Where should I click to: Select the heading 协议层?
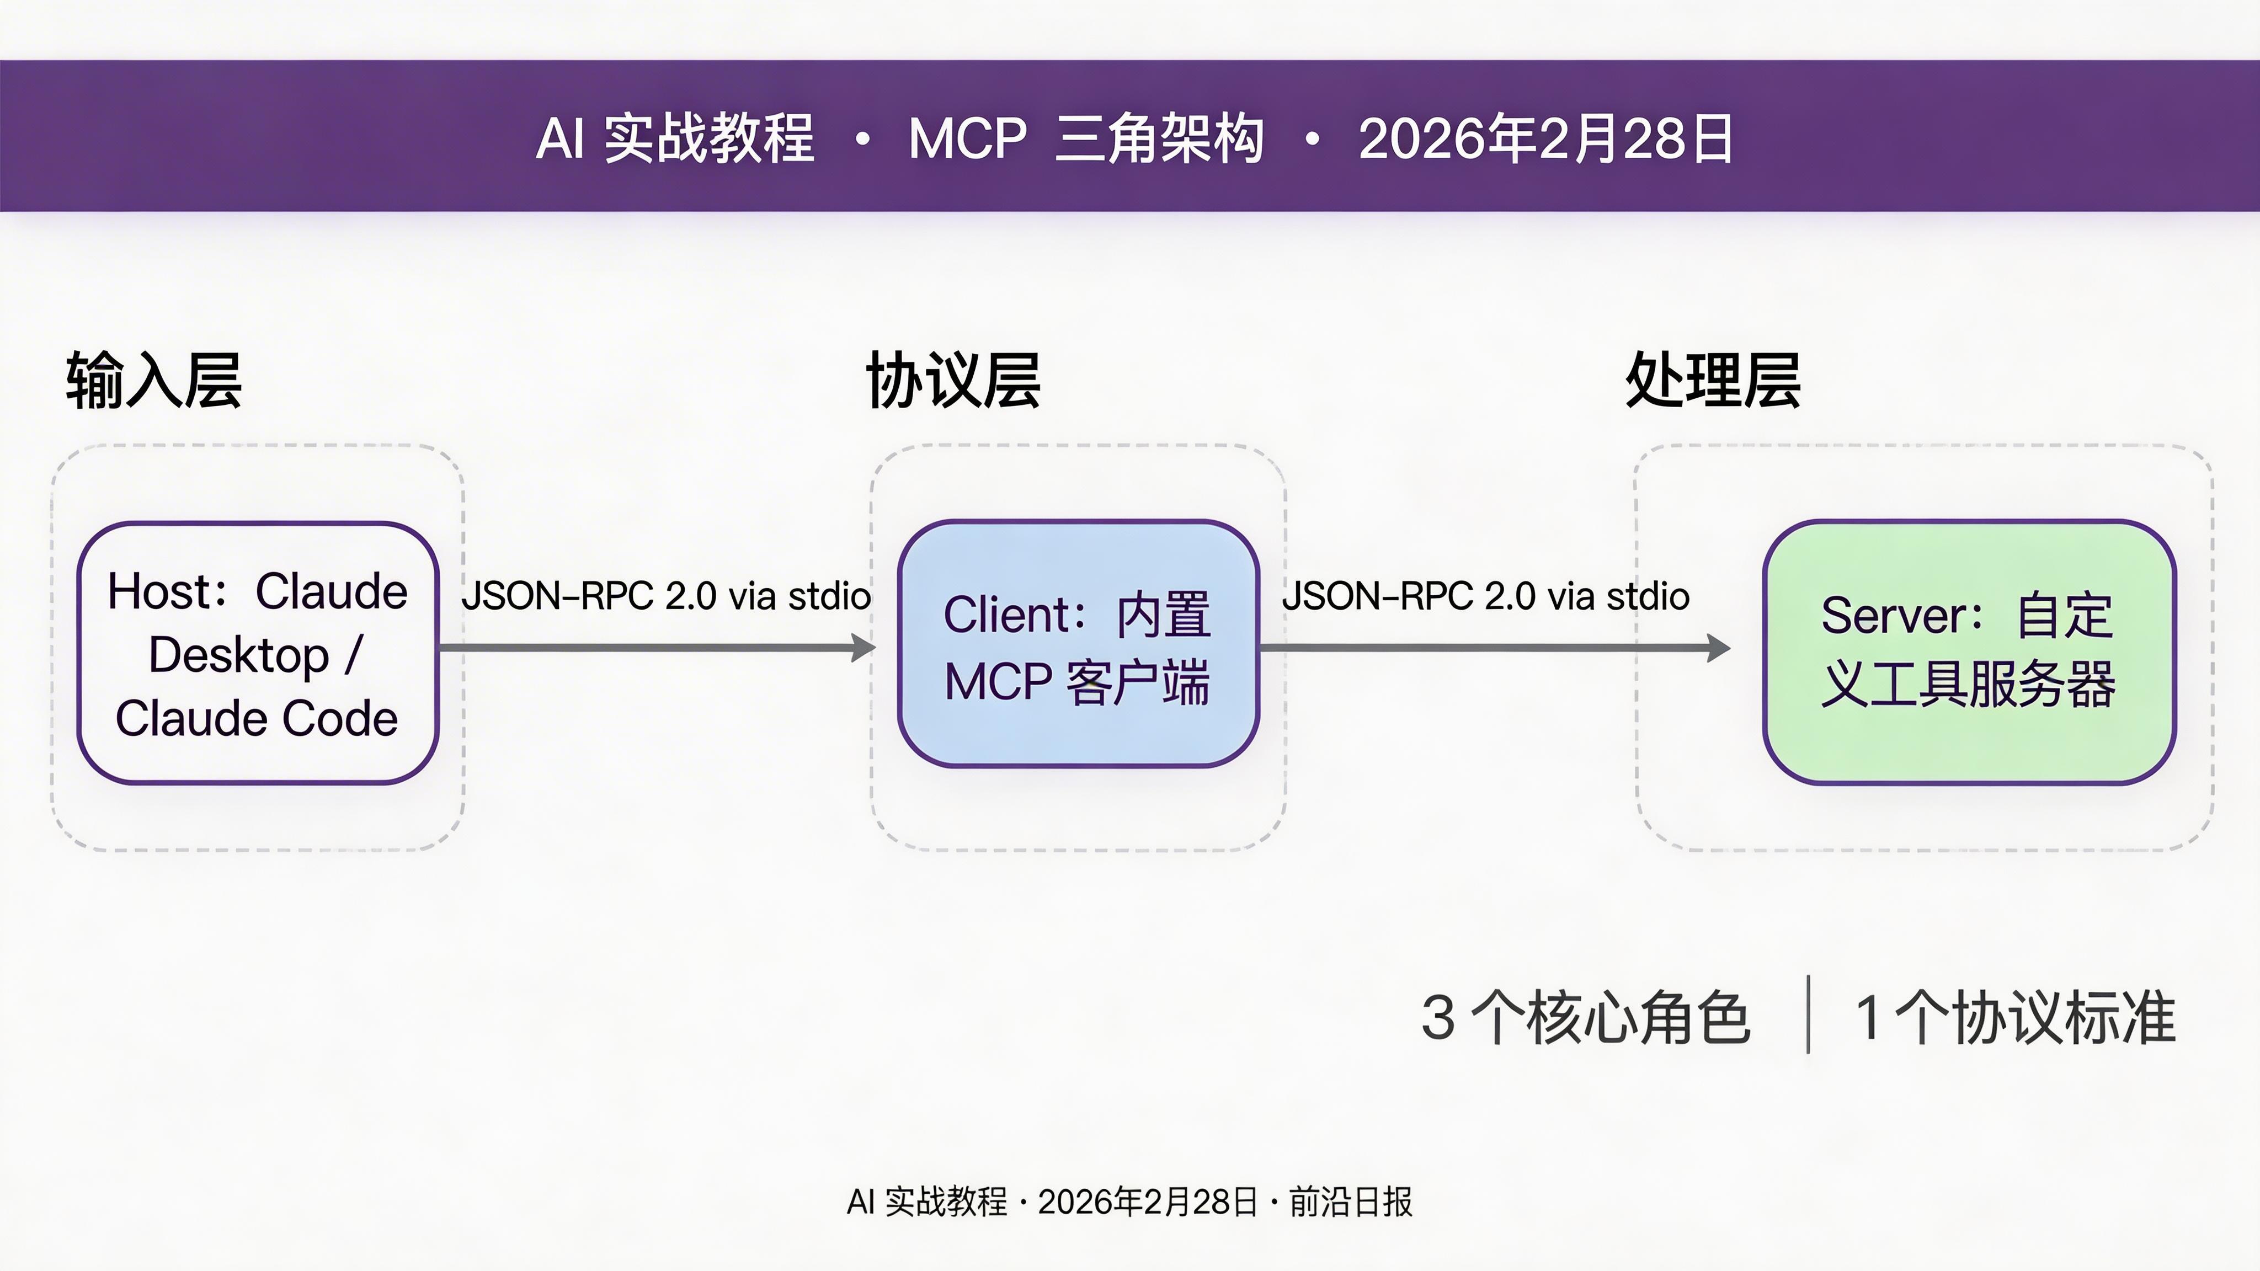pyautogui.click(x=953, y=381)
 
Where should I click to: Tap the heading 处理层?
pyautogui.click(x=1713, y=381)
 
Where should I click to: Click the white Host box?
pyautogui.click(x=258, y=651)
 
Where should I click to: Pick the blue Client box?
pyautogui.click(x=1078, y=644)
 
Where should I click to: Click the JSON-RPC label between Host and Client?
pyautogui.click(x=666, y=596)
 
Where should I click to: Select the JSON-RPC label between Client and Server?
pyautogui.click(x=1485, y=596)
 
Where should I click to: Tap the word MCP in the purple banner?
pyautogui.click(x=967, y=138)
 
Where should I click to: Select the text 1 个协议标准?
pyautogui.click(x=2015, y=1018)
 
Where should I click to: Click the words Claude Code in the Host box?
pyautogui.click(x=256, y=718)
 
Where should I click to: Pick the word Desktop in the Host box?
pyautogui.click(x=238, y=655)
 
